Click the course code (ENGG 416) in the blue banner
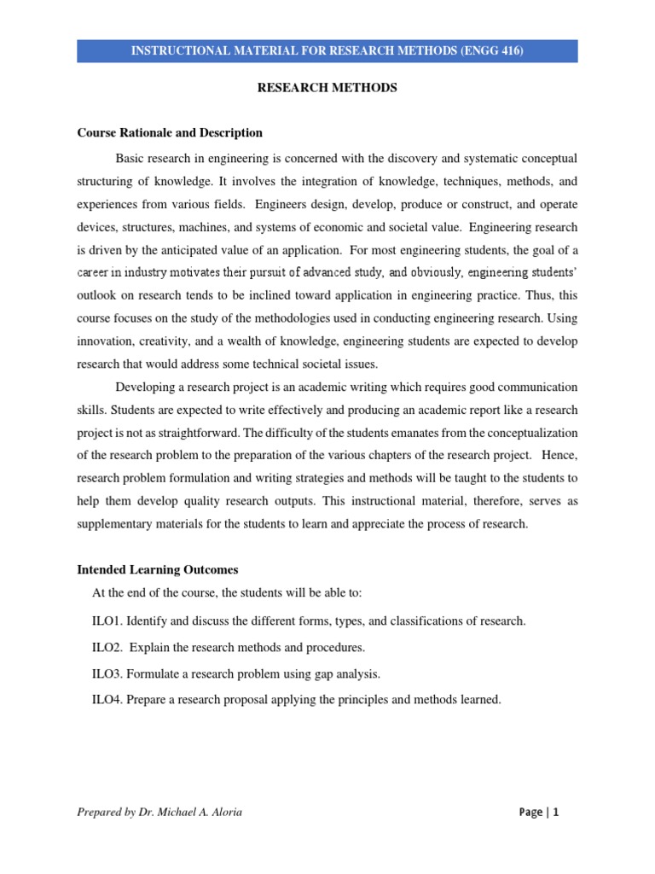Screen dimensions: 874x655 (484, 51)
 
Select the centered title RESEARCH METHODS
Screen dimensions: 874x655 (327, 88)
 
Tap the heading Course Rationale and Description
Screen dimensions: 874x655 (170, 133)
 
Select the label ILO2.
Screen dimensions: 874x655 (107, 647)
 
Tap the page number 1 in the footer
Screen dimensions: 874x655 (555, 813)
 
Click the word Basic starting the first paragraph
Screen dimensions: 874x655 (130, 159)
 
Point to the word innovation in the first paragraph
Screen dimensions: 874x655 (107, 340)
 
